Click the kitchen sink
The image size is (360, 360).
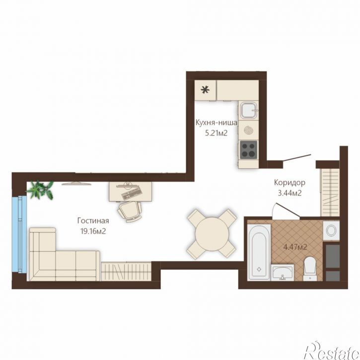pyautogui.click(x=248, y=110)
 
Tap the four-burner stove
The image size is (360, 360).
pyautogui.click(x=248, y=149)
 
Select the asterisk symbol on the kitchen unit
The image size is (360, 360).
pyautogui.click(x=205, y=90)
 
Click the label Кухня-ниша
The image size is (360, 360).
pyautogui.click(x=216, y=123)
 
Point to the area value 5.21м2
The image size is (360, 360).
pyautogui.click(x=216, y=133)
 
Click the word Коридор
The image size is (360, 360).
pyautogui.click(x=290, y=183)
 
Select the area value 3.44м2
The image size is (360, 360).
pyautogui.click(x=290, y=193)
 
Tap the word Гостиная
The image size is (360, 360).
pyautogui.click(x=93, y=220)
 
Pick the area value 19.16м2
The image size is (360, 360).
pyautogui.click(x=93, y=231)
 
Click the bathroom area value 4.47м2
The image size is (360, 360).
pyautogui.click(x=295, y=247)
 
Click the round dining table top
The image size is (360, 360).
pyautogui.click(x=212, y=234)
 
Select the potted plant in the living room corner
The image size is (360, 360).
pyautogui.click(x=41, y=190)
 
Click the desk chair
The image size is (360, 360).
pyautogui.click(x=129, y=211)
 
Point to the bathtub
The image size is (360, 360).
pyautogui.click(x=259, y=252)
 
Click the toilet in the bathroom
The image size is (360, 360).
pyautogui.click(x=310, y=269)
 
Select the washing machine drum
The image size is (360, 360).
pyautogui.click(x=331, y=230)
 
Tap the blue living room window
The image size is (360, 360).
pyautogui.click(x=20, y=234)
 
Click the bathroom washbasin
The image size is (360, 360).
pyautogui.click(x=283, y=273)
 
